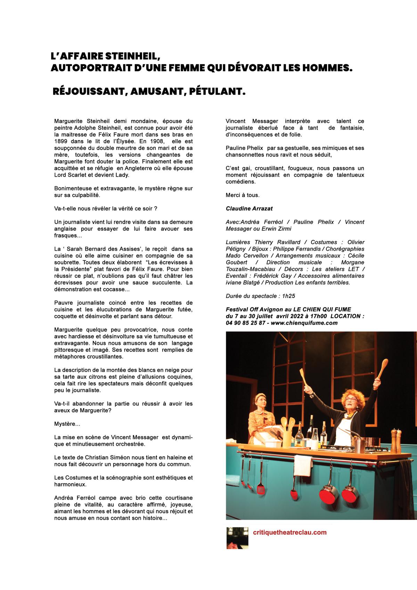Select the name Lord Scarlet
coord(71,175)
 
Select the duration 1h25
coord(288,296)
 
